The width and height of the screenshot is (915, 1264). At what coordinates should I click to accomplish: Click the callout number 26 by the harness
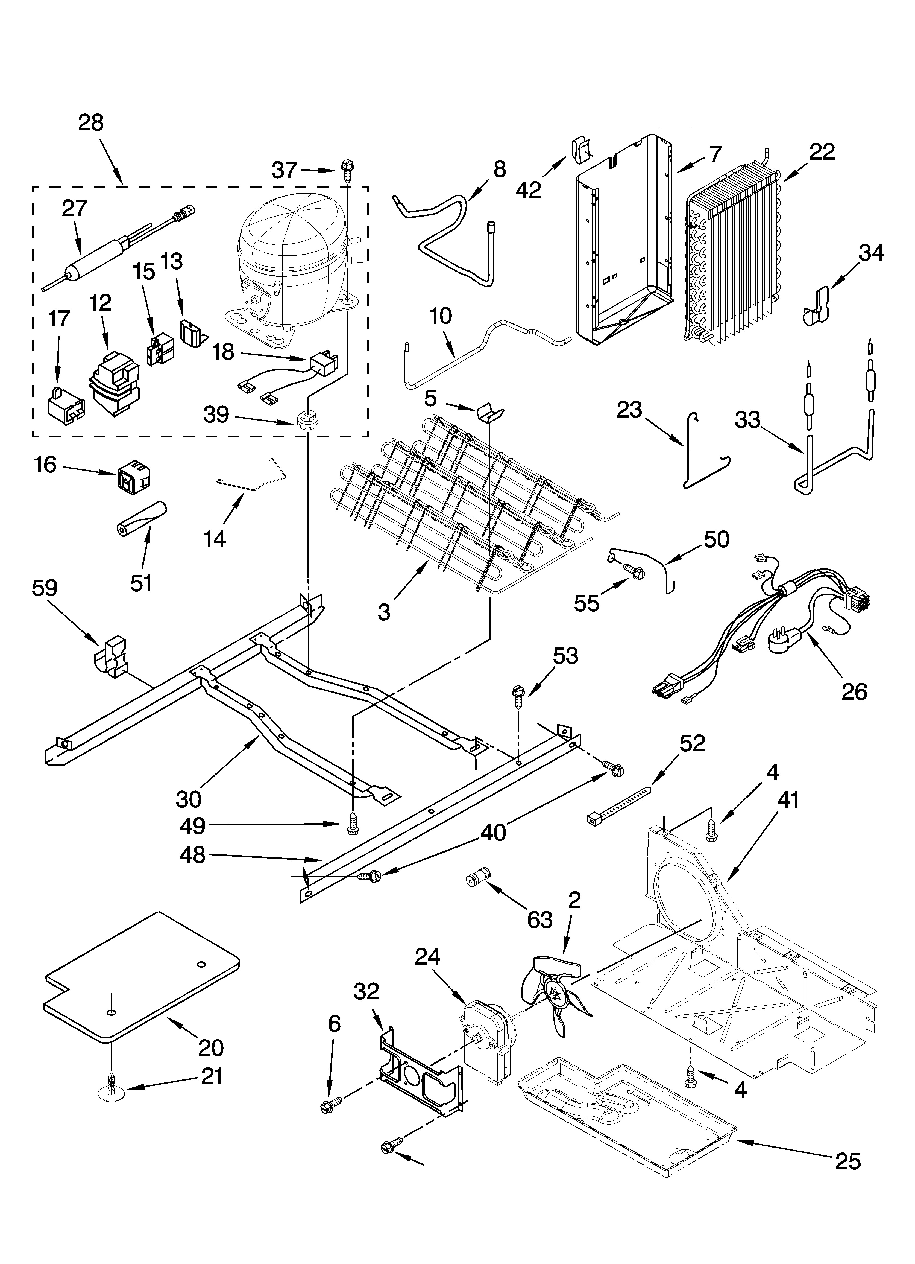[854, 692]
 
